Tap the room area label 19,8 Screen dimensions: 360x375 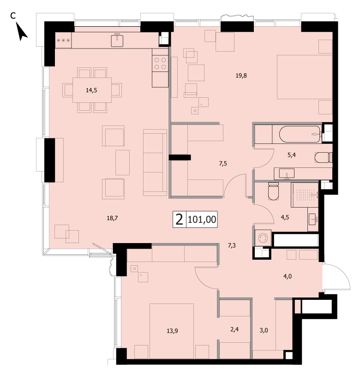241,76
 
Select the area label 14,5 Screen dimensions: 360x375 91,90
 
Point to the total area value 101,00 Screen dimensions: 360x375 202,219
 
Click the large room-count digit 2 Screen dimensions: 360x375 179,219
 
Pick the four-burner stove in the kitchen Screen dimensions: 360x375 160,63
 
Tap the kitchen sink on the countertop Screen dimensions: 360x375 117,41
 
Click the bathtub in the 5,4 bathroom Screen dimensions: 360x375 300,134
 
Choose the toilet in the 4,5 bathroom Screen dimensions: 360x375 274,191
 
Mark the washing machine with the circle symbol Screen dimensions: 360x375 263,238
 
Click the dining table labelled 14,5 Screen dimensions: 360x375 92,90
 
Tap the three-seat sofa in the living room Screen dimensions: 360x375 155,163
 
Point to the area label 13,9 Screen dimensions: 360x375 172,331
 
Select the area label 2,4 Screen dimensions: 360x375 234,329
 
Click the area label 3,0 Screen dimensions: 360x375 264,331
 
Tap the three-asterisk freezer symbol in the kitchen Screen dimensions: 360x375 63,41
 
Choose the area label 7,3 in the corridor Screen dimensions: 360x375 232,245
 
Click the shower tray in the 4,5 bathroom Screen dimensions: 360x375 305,195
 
